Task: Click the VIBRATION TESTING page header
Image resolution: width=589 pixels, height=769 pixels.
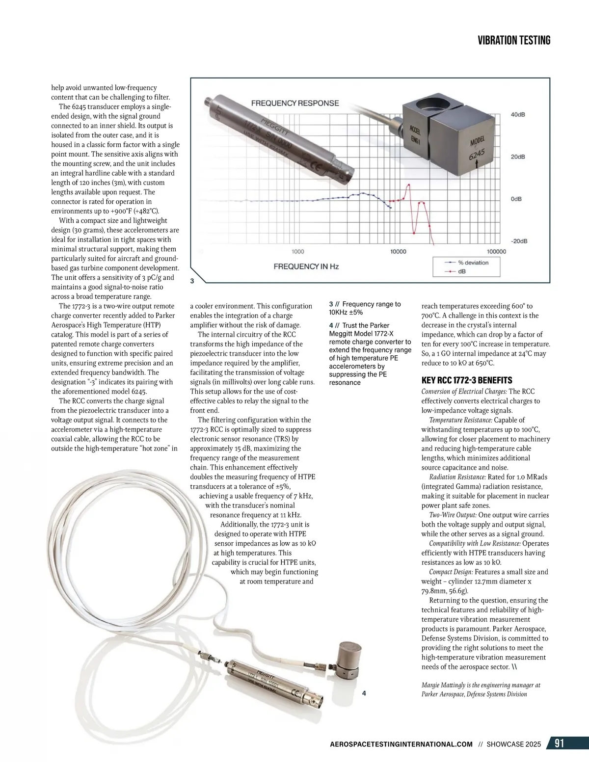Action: [514, 41]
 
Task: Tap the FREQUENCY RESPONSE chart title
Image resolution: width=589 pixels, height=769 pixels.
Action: [295, 103]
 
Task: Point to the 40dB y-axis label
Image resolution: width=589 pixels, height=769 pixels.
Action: [518, 114]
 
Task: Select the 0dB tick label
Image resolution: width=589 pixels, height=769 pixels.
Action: [516, 200]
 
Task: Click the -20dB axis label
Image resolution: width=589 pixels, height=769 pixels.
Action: [518, 241]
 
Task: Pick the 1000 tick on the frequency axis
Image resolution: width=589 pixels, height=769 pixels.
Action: [298, 252]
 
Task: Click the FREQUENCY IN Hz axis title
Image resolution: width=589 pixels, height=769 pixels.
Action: [306, 266]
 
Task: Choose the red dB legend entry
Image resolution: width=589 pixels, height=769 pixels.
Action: [461, 271]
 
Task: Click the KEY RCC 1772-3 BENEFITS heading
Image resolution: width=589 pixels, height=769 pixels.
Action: [467, 380]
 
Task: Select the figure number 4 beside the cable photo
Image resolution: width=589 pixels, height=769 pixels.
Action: [364, 693]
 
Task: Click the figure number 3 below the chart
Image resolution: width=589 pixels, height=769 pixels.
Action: [192, 281]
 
